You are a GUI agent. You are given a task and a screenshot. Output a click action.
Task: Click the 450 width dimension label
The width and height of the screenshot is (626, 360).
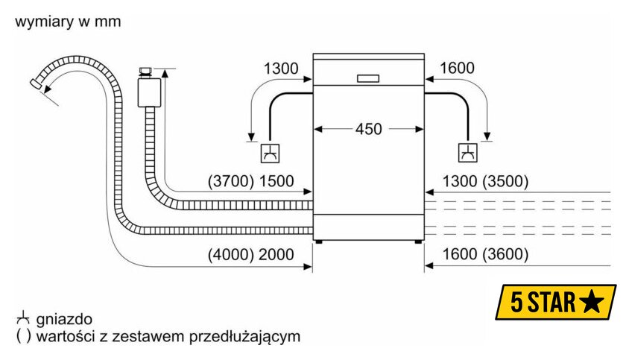368,129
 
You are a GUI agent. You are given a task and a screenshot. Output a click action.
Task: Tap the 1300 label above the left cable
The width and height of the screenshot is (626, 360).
280,69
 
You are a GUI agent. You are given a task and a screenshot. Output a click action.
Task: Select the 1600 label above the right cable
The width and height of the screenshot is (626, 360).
457,69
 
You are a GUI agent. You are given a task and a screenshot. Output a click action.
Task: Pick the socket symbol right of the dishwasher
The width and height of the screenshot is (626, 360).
467,154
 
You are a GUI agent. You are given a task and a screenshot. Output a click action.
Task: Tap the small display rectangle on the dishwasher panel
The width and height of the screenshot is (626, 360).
368,78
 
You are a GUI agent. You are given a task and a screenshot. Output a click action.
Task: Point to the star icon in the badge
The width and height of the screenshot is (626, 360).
591,302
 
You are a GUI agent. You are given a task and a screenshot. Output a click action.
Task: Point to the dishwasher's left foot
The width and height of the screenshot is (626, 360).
320,241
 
